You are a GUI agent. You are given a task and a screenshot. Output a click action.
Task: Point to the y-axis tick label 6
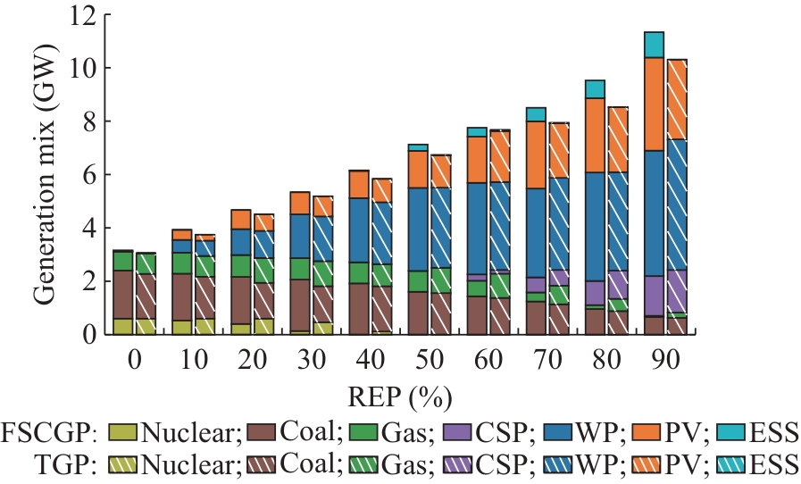[x=89, y=175]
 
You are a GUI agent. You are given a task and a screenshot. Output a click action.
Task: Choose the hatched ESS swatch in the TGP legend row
[x=730, y=464]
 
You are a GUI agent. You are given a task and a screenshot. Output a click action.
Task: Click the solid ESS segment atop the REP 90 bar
[x=655, y=45]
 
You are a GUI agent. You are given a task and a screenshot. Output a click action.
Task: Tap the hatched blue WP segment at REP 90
[x=676, y=204]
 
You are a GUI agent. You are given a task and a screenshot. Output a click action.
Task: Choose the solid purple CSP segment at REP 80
[x=595, y=293]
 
